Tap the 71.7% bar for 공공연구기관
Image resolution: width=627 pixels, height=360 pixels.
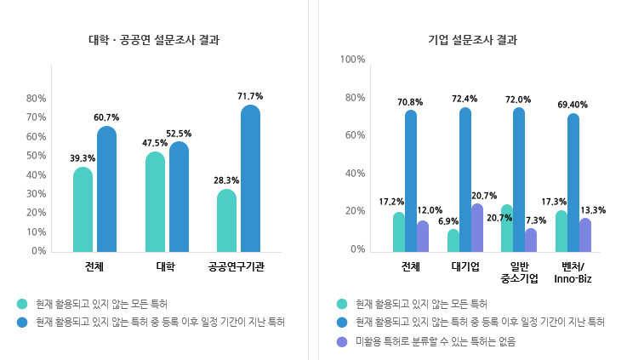pyautogui.click(x=250, y=178)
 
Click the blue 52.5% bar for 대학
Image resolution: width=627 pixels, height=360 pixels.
pyautogui.click(x=179, y=197)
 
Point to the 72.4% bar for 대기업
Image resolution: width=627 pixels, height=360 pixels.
pyautogui.click(x=465, y=180)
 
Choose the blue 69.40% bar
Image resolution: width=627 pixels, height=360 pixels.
pyautogui.click(x=573, y=182)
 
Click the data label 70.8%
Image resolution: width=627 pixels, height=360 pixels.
pyautogui.click(x=410, y=102)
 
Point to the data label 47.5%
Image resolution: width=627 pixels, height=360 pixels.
pyautogui.click(x=155, y=143)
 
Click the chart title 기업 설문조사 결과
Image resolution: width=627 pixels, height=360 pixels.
pyautogui.click(x=472, y=40)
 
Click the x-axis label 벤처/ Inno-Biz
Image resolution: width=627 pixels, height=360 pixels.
pyautogui.click(x=573, y=272)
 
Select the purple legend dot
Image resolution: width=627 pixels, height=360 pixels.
pyautogui.click(x=342, y=341)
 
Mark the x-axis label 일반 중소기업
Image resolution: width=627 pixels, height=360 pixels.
pyautogui.click(x=519, y=272)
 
